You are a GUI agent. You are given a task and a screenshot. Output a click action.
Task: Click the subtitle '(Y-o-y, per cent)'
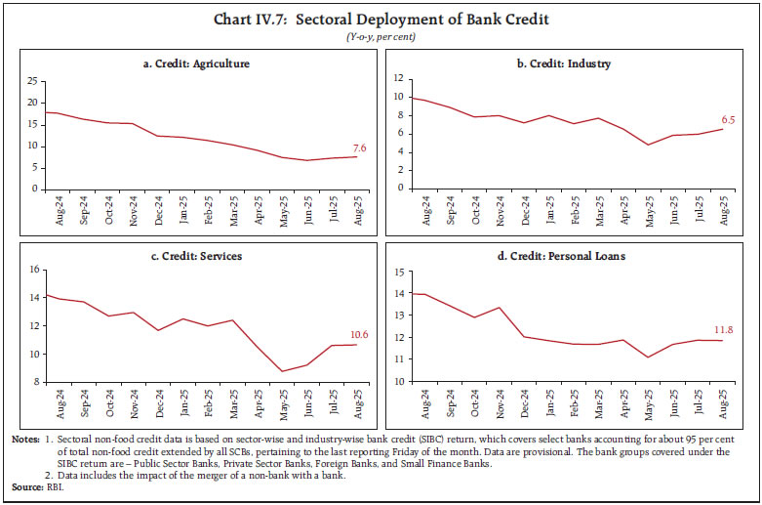[x=381, y=36]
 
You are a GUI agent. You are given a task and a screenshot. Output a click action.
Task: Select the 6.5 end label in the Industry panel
[x=727, y=120]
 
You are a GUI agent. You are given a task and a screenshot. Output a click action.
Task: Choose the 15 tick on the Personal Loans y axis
[x=402, y=272]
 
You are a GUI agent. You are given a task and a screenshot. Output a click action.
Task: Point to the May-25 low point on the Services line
[x=281, y=371]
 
